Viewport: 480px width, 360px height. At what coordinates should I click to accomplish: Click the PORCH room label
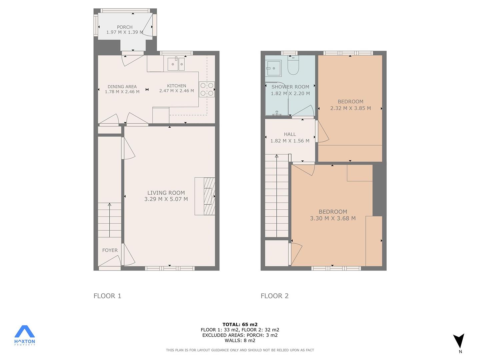[x=125, y=27]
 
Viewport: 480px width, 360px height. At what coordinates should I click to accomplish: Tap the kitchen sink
[x=176, y=64]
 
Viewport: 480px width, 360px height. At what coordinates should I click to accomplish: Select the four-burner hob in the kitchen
[x=207, y=89]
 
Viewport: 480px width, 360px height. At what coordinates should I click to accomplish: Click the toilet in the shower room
[x=293, y=65]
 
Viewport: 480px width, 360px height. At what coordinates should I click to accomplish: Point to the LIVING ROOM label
[x=166, y=193]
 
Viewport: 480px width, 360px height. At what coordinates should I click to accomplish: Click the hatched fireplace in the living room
[x=209, y=196]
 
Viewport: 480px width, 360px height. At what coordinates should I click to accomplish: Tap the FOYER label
[x=110, y=250]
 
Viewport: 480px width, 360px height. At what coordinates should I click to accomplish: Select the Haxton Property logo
[x=24, y=335]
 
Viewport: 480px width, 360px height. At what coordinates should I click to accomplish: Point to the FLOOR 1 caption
[x=107, y=296]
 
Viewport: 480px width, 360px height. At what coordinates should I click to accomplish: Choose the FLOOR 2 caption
[x=275, y=296]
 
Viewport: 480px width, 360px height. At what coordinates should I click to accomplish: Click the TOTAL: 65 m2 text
[x=240, y=324]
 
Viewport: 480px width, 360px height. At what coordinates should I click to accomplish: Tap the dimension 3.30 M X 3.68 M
[x=333, y=218]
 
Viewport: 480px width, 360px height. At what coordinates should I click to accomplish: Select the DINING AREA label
[x=122, y=87]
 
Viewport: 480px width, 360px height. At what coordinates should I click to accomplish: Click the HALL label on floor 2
[x=290, y=134]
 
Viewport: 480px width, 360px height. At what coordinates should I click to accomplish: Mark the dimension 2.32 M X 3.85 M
[x=351, y=108]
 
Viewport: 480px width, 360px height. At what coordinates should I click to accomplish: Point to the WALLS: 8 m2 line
[x=240, y=340]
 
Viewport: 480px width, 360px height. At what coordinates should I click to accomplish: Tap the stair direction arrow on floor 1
[x=110, y=220]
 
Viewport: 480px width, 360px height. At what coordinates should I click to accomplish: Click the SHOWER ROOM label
[x=290, y=87]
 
